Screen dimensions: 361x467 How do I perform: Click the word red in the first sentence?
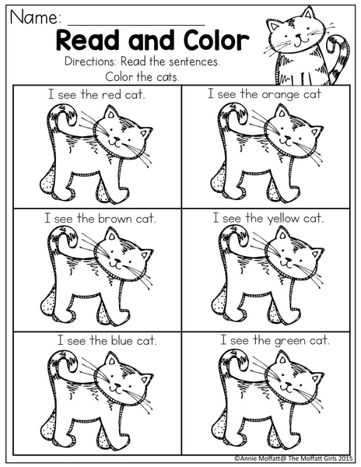[111, 95]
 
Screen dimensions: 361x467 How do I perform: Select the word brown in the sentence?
[115, 219]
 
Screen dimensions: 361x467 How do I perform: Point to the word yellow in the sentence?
[283, 219]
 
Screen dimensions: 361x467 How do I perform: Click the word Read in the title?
[87, 40]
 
